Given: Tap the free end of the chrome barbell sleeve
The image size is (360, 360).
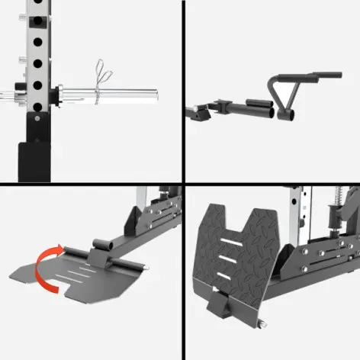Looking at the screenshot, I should (153, 95).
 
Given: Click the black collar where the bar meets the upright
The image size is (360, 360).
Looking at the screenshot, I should (55, 95).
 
